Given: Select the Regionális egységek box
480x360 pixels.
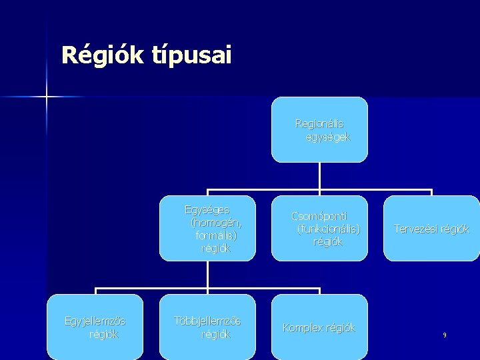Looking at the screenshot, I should coord(319,129).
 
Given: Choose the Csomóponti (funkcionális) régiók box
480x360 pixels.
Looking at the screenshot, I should coord(319,228).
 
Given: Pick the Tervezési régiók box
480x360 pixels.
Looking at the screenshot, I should coord(431,228).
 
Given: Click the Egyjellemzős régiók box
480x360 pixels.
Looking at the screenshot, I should coord(95,327).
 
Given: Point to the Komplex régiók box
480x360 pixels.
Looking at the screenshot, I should coord(319,327).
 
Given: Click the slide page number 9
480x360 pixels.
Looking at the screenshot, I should coord(444,335).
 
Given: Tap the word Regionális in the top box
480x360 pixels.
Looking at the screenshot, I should coord(320,123).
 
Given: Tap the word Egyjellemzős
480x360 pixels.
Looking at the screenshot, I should coord(95,321).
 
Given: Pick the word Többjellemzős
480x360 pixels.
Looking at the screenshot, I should coord(207,321).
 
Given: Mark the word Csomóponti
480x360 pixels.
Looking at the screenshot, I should coord(319,216).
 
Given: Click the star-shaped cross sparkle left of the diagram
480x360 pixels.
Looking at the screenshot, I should coord(47,97).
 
